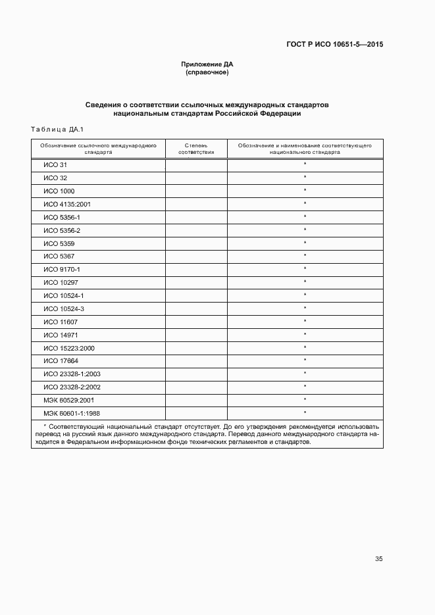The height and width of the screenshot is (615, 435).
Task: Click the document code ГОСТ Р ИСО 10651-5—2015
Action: (334, 45)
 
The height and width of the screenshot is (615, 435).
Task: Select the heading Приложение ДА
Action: (207, 64)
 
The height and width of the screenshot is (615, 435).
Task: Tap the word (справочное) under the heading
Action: (207, 72)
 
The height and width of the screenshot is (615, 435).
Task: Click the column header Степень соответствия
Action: (196, 148)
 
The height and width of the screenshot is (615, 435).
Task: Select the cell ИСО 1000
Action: (59, 191)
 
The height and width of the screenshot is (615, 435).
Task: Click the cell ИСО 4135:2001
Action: (67, 205)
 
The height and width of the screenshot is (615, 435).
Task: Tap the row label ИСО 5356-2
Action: (62, 230)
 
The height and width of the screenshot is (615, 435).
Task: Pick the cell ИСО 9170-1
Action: (62, 270)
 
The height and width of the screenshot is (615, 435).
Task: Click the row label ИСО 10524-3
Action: (64, 308)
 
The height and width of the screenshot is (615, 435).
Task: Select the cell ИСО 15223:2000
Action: (69, 348)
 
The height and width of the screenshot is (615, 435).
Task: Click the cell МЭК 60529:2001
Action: (69, 400)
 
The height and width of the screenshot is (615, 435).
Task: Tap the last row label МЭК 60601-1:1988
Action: (71, 413)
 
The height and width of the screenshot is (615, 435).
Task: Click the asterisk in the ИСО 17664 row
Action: (305, 360)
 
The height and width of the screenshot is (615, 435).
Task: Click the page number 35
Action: (378, 559)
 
